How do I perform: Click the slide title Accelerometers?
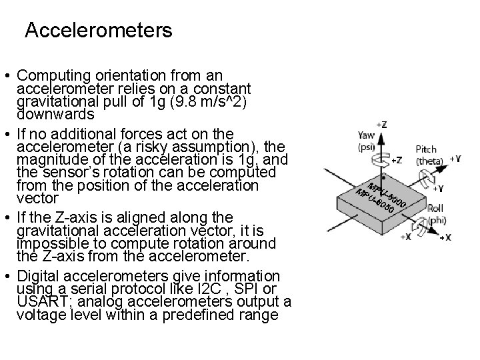tap(98, 30)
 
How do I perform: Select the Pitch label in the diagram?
tap(426, 149)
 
